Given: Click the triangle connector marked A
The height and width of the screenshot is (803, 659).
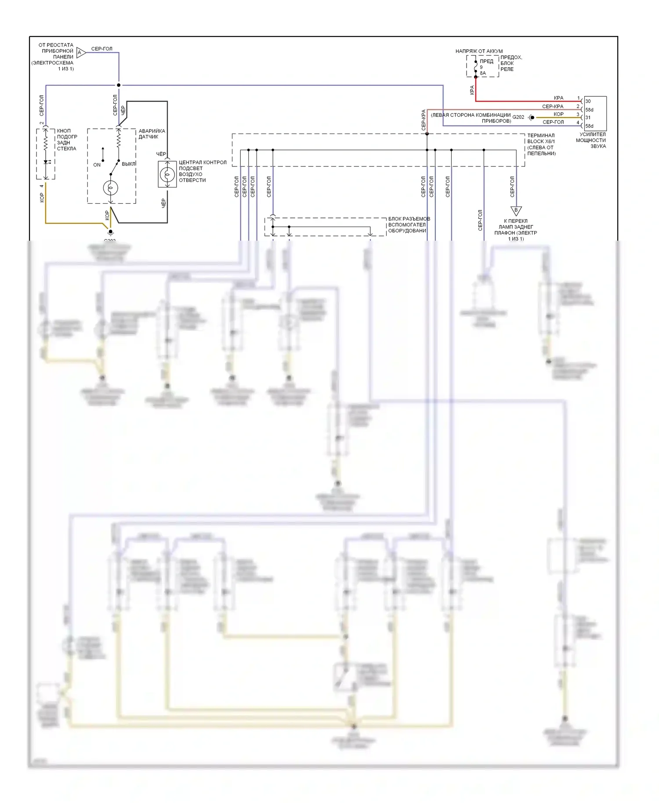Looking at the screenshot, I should coord(80,53).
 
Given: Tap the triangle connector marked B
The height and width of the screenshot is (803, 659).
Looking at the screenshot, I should coord(516,210).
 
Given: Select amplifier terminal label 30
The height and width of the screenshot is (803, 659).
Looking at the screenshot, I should coord(588,101).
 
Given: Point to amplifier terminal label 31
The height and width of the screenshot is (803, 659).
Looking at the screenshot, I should coord(588,118).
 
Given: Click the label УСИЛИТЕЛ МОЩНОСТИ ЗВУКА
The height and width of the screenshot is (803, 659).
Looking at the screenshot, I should coord(592,140).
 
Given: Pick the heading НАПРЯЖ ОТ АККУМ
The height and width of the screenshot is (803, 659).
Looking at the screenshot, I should coord(479,51).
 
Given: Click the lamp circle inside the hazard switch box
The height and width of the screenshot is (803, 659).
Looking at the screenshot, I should coord(111,188).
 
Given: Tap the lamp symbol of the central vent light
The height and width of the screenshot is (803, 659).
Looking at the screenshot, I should coord(167,175).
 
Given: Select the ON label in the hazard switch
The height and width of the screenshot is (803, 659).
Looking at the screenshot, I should coord(97,165).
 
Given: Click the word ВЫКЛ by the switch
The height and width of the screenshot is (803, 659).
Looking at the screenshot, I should coord(129,164).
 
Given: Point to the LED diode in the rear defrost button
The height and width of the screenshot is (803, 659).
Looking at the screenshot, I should coord(46,162).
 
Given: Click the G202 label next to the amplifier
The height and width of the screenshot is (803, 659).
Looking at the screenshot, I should coord(518,117).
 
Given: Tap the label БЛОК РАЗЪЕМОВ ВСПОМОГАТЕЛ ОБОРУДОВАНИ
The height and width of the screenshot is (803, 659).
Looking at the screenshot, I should coord(409,224).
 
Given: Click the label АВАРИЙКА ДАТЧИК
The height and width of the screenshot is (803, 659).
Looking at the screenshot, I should coord(152,134).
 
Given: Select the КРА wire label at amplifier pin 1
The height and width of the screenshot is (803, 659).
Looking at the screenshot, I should coord(558,98).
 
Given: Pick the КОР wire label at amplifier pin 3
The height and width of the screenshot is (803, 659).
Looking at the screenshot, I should coord(558,114).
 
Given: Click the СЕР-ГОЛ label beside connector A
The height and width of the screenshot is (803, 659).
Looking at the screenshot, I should coord(101,49).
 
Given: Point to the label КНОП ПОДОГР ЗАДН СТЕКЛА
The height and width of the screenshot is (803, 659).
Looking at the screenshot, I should coord(67,140).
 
